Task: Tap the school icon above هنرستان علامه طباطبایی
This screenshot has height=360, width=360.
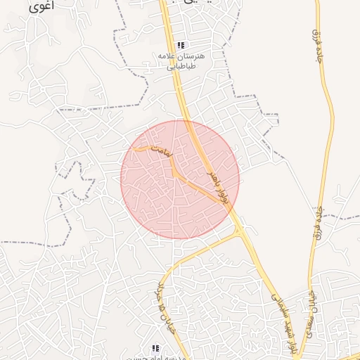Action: coord(181,45)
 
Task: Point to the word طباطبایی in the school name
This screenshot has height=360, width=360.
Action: coord(181,68)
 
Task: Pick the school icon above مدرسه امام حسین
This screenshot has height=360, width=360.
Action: coord(155,348)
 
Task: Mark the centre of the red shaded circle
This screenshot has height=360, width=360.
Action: coord(180,179)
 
